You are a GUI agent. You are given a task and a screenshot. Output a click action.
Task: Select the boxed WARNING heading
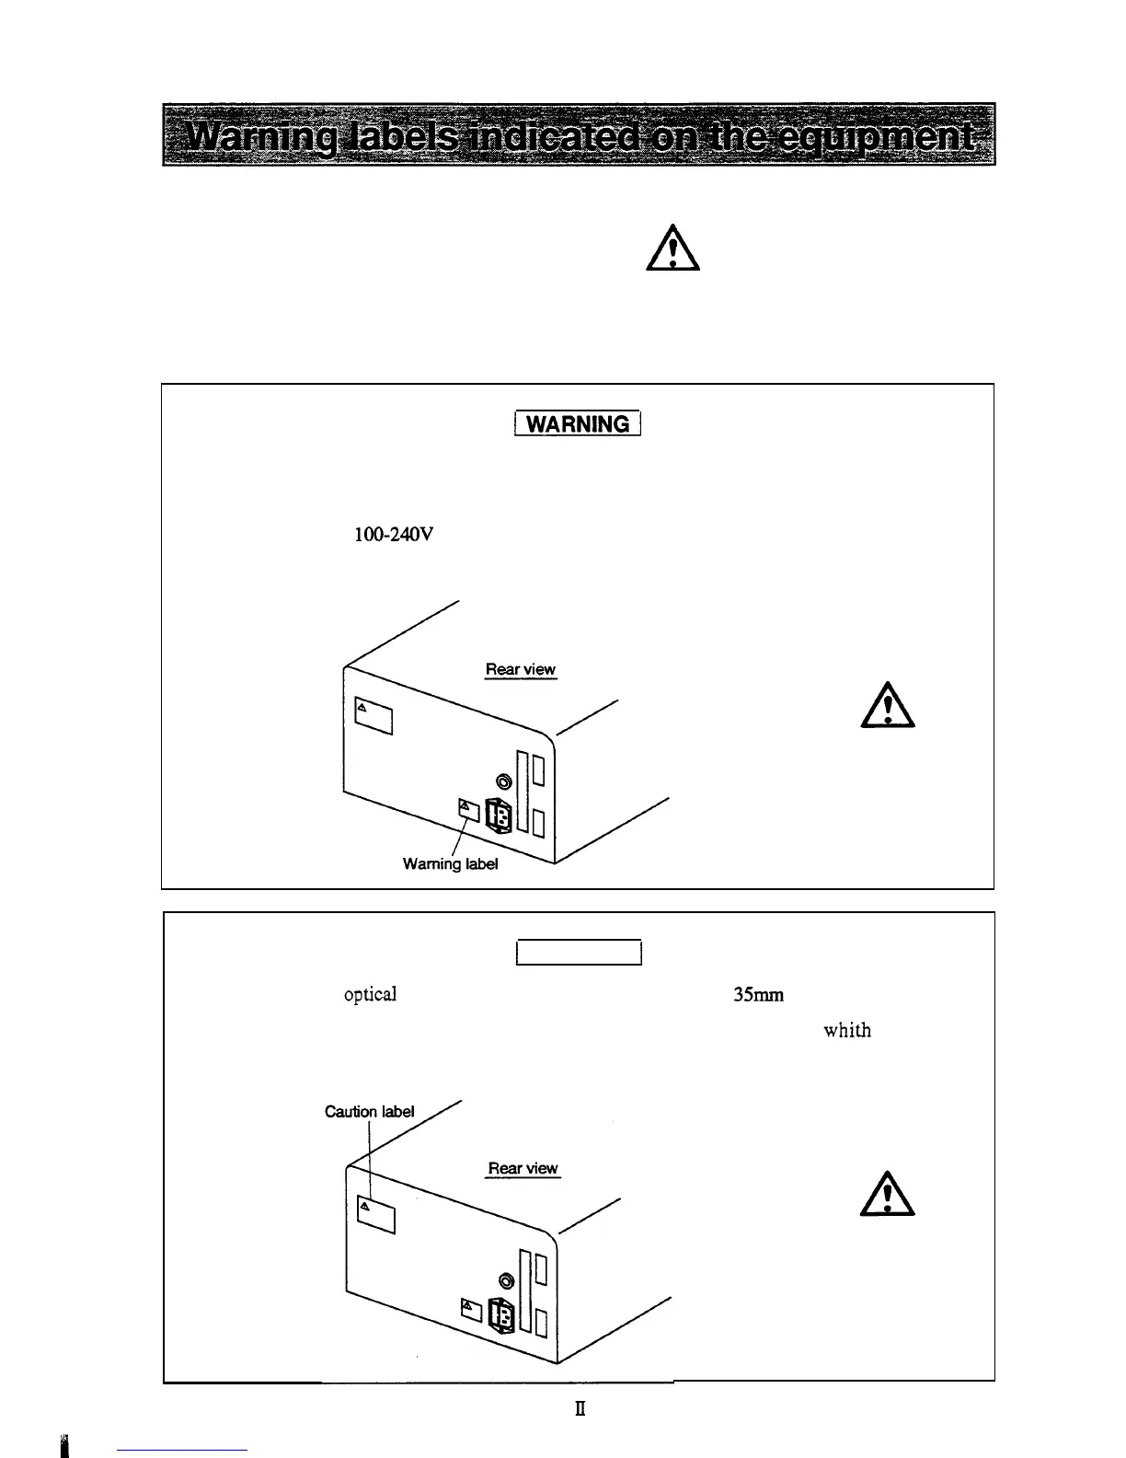[x=578, y=423]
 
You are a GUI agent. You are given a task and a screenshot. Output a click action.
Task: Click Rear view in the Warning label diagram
[x=521, y=670]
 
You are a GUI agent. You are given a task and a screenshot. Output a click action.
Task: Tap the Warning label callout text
[x=451, y=865]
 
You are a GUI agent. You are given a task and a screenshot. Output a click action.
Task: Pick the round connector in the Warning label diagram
[x=504, y=780]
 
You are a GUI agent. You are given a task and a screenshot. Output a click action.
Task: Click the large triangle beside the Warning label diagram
[x=887, y=706]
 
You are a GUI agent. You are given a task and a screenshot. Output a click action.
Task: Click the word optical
[x=370, y=995]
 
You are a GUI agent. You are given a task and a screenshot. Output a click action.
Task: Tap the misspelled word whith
[x=846, y=1030]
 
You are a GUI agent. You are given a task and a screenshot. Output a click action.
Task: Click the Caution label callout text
[x=369, y=1112]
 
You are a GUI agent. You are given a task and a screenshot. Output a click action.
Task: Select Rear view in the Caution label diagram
[x=523, y=1168]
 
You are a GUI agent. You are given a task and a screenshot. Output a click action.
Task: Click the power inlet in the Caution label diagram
[x=500, y=1315]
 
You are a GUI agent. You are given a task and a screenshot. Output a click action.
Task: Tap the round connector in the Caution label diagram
[x=506, y=1280]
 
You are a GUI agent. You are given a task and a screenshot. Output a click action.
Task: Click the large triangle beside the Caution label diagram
[x=887, y=1196]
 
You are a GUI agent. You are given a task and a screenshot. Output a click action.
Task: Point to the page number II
[x=580, y=1408]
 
